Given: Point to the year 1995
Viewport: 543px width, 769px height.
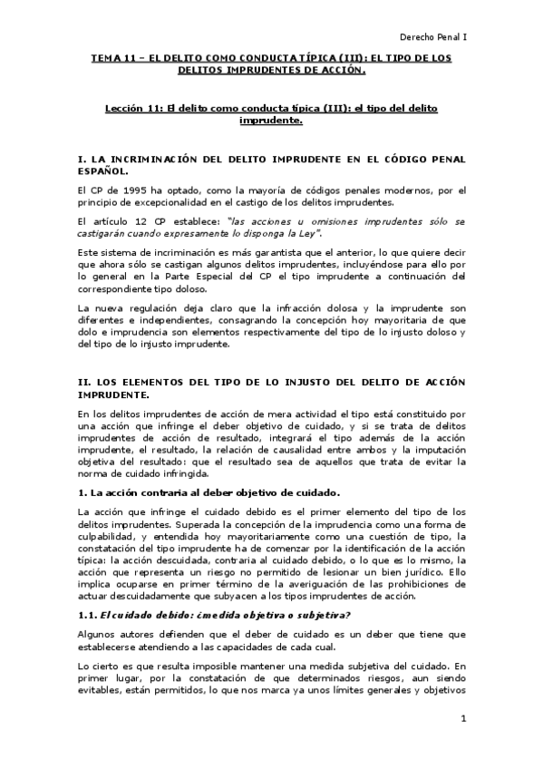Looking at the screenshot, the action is pos(121,190).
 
